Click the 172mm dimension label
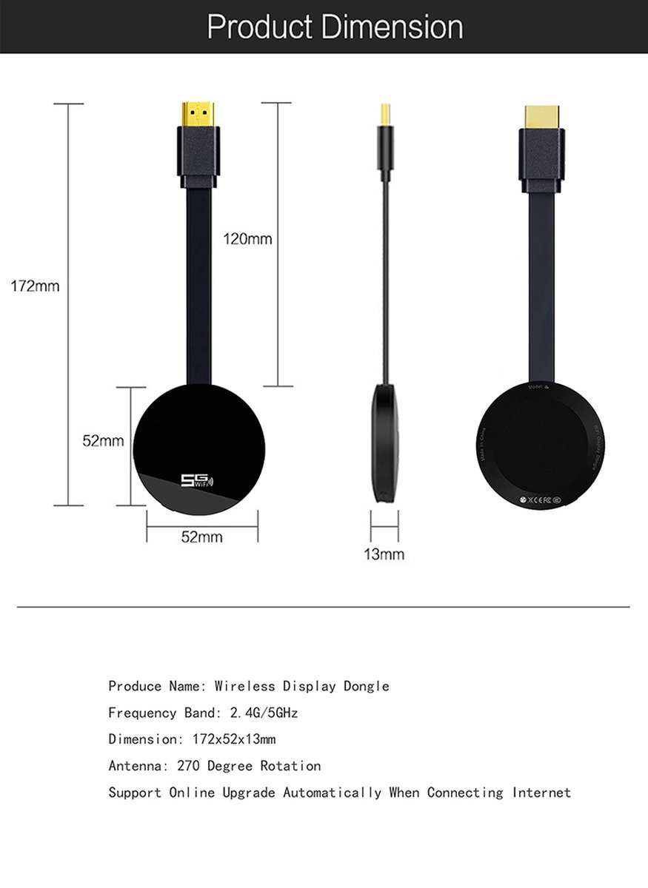click(35, 286)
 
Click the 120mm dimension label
click(247, 239)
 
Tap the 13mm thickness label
click(384, 554)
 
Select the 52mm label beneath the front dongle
click(201, 537)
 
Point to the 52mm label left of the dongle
click(103, 441)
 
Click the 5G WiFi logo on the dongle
click(196, 481)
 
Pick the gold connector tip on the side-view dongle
click(384, 113)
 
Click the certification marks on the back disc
click(542, 500)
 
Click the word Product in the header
click(260, 27)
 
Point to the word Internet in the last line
click(541, 793)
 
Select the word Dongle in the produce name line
click(366, 686)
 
